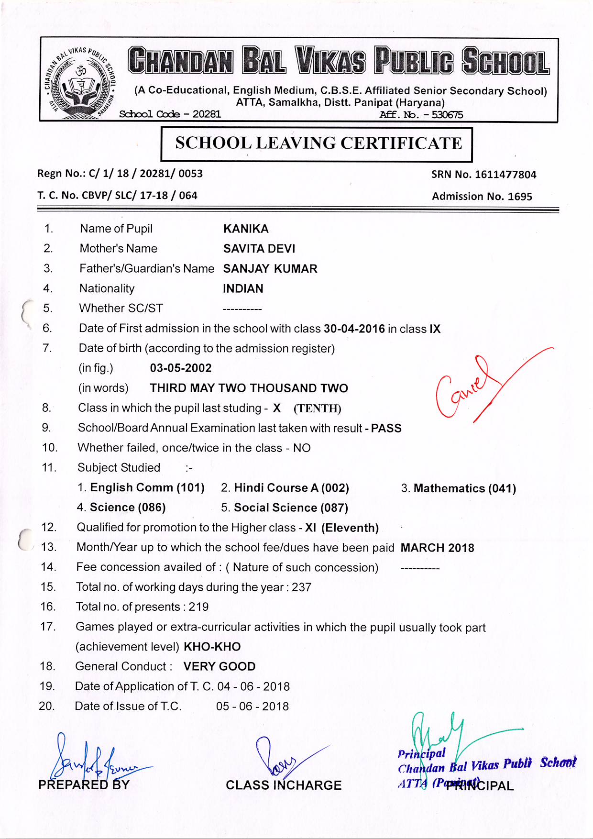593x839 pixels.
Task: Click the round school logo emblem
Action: [x=81, y=82]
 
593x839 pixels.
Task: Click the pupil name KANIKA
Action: [x=246, y=229]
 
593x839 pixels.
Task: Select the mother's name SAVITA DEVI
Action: [x=259, y=249]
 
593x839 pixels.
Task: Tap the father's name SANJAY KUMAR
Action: [x=270, y=269]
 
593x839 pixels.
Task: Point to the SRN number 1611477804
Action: [x=505, y=175]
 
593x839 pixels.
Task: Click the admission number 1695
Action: [x=520, y=197]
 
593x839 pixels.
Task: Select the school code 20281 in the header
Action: [x=207, y=114]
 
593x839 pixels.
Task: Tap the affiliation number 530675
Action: [x=447, y=115]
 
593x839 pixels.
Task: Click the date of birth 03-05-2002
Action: [x=181, y=368]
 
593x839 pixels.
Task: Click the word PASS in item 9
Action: [x=386, y=428]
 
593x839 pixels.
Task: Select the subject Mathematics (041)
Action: [x=464, y=488]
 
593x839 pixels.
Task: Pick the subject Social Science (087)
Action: [x=291, y=508]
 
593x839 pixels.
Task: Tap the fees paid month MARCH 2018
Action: [x=437, y=548]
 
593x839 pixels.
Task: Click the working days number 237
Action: [x=301, y=587]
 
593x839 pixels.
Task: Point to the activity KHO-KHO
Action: [x=212, y=647]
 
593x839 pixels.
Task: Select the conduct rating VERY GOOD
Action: [x=220, y=667]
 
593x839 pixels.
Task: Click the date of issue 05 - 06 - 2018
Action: [x=253, y=707]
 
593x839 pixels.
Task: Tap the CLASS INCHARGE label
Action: [x=284, y=785]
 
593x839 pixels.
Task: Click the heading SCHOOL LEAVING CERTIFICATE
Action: [x=318, y=143]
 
